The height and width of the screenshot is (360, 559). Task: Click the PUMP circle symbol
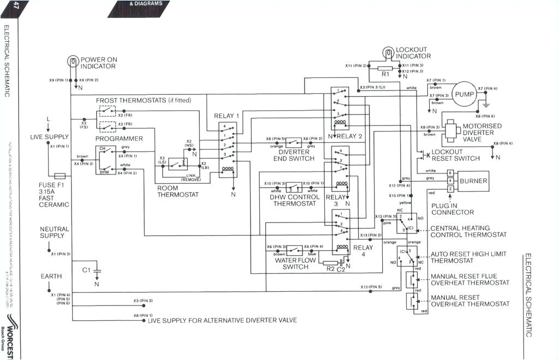[x=465, y=93]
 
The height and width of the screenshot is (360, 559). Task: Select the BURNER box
[x=473, y=181]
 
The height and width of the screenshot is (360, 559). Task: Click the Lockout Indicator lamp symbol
[x=388, y=53]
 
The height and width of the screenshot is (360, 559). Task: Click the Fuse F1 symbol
[x=60, y=176]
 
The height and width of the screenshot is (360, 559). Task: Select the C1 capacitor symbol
[x=97, y=270]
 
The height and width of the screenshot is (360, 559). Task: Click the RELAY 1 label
[x=227, y=116]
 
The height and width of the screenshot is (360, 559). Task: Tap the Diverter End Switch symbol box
[x=294, y=142]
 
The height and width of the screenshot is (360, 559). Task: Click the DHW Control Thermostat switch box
[x=294, y=187]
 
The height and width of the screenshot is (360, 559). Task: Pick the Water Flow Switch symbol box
[x=294, y=250]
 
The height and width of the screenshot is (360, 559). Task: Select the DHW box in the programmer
[x=103, y=171]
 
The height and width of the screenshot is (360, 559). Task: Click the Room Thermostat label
[x=177, y=191]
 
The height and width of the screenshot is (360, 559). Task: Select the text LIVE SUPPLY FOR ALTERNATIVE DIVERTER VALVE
[x=222, y=320]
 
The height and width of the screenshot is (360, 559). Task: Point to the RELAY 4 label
[x=363, y=248]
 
